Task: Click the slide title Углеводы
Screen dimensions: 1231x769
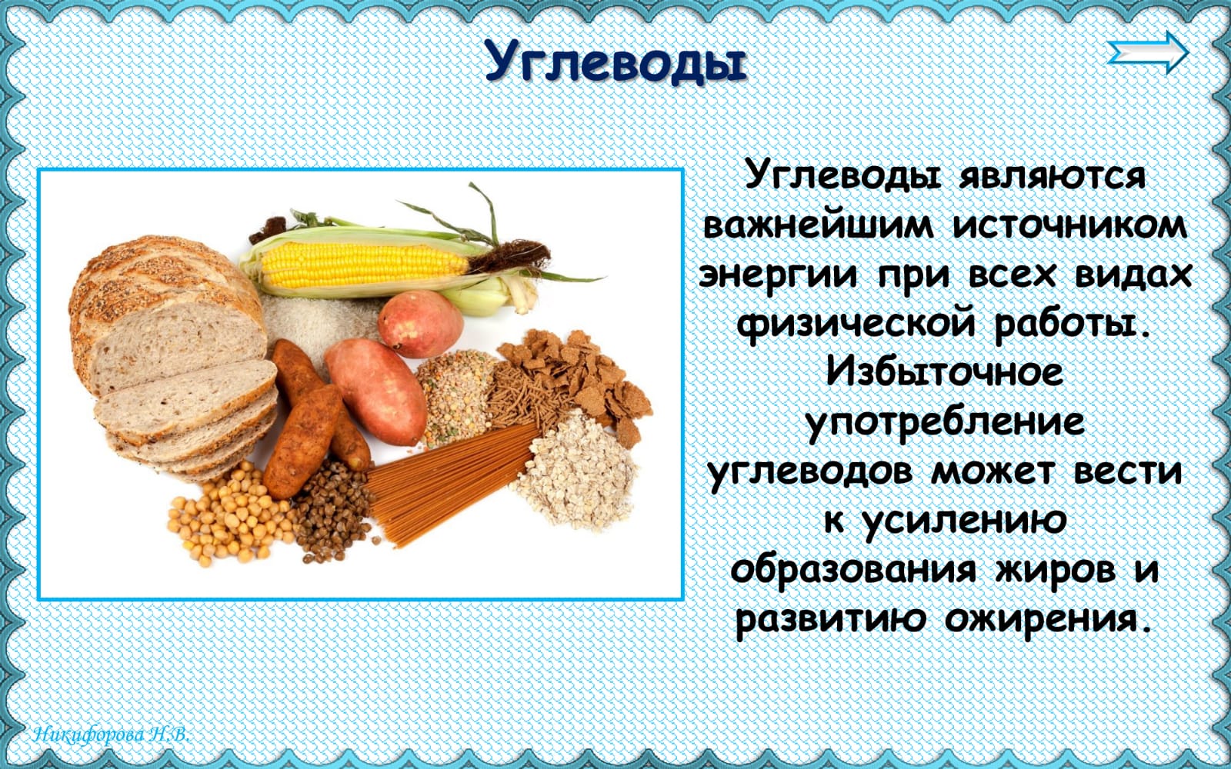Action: click(x=615, y=62)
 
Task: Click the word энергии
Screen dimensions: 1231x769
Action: click(x=778, y=276)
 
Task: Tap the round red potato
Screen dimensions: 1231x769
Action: click(x=420, y=324)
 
